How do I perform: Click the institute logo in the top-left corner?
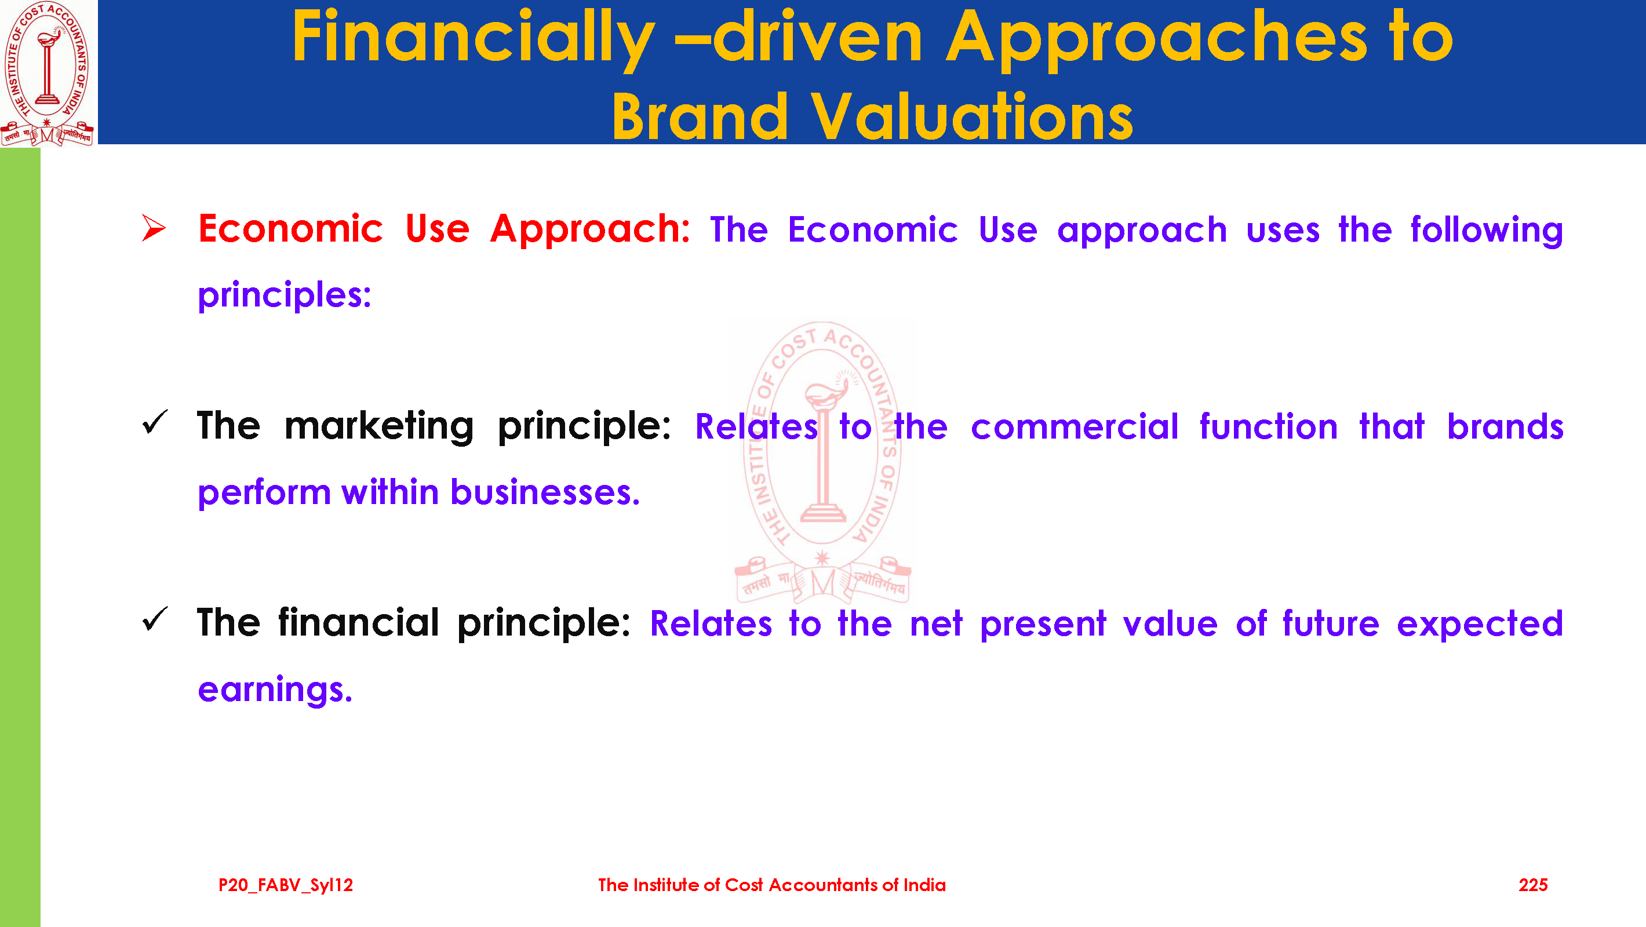(48, 73)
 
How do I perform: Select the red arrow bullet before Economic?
(154, 228)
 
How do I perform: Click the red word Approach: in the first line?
(591, 230)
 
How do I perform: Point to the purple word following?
(1487, 230)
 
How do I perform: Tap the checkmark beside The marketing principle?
(155, 422)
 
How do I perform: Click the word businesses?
(545, 492)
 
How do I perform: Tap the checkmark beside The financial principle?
(155, 619)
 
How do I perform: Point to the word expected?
(1480, 625)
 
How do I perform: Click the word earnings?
(275, 690)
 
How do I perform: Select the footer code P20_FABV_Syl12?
(286, 885)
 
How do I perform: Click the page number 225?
(1533, 885)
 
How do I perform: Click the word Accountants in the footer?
(823, 885)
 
